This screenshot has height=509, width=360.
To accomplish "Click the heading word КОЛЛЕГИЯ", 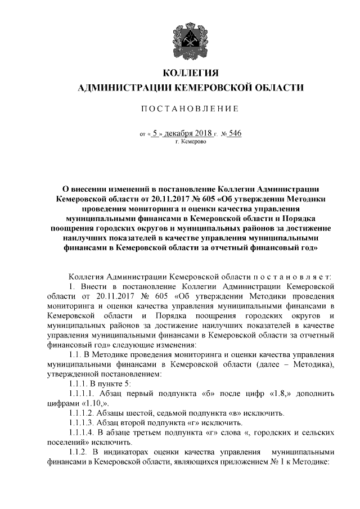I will click(190, 73).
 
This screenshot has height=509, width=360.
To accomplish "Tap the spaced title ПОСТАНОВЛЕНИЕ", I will click(190, 108).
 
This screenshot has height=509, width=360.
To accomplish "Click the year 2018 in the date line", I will click(202, 133).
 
